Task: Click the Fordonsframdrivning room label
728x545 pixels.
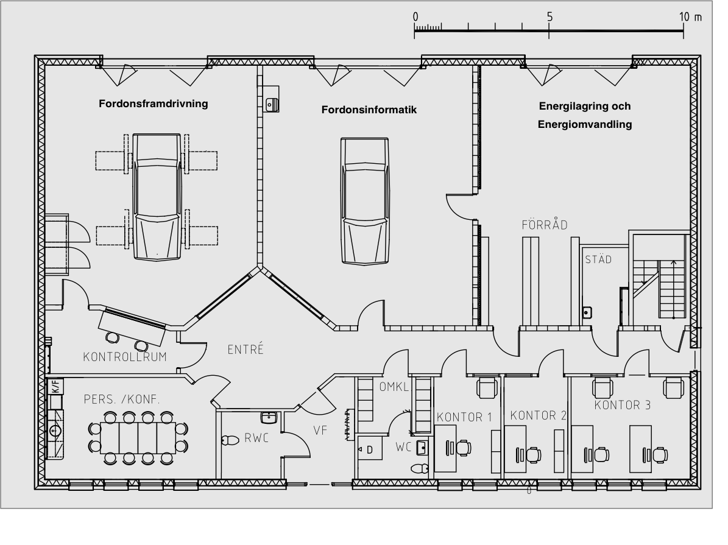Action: (154, 104)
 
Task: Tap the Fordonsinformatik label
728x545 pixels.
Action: (369, 110)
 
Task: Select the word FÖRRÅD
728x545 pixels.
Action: (545, 225)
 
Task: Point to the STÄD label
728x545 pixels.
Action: (598, 259)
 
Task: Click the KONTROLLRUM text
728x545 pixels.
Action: (125, 357)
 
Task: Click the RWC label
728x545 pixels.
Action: (257, 437)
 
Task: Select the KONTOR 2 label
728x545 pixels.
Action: (538, 416)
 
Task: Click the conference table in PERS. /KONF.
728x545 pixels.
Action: (138, 437)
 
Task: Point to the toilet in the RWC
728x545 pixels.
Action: (230, 440)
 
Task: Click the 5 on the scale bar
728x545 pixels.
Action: (550, 17)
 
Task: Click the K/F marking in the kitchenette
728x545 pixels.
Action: (54, 385)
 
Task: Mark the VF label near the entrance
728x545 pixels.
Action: (320, 430)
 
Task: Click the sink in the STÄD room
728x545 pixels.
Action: (587, 312)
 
